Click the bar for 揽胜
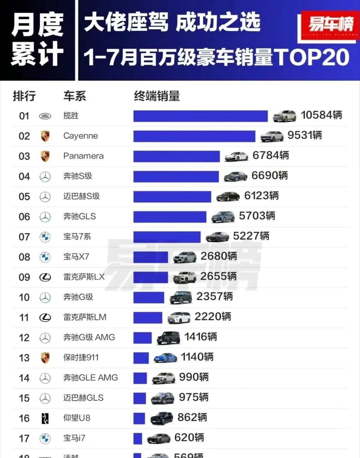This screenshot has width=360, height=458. point(200,116)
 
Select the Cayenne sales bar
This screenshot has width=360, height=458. point(194,136)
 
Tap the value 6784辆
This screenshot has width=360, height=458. point(271,156)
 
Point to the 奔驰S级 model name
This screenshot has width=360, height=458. point(77,176)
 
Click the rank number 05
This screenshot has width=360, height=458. point(24,197)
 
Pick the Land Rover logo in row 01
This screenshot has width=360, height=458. point(45,116)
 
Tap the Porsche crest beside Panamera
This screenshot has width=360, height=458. point(45,156)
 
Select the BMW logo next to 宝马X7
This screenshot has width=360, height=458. point(45,257)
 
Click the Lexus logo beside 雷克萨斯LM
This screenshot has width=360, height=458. point(45,317)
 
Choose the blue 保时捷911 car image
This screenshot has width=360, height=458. point(165,358)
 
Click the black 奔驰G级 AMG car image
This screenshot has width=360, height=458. point(168,337)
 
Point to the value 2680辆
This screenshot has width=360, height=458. point(219,256)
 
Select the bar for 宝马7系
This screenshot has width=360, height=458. point(167,237)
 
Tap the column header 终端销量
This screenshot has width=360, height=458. point(157,96)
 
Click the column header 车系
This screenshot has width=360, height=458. point(75,96)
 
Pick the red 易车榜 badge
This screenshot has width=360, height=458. point(330,25)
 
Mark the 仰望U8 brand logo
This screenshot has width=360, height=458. point(45,418)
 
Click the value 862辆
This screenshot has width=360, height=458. point(192,418)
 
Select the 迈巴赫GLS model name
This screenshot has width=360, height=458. point(83,398)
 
